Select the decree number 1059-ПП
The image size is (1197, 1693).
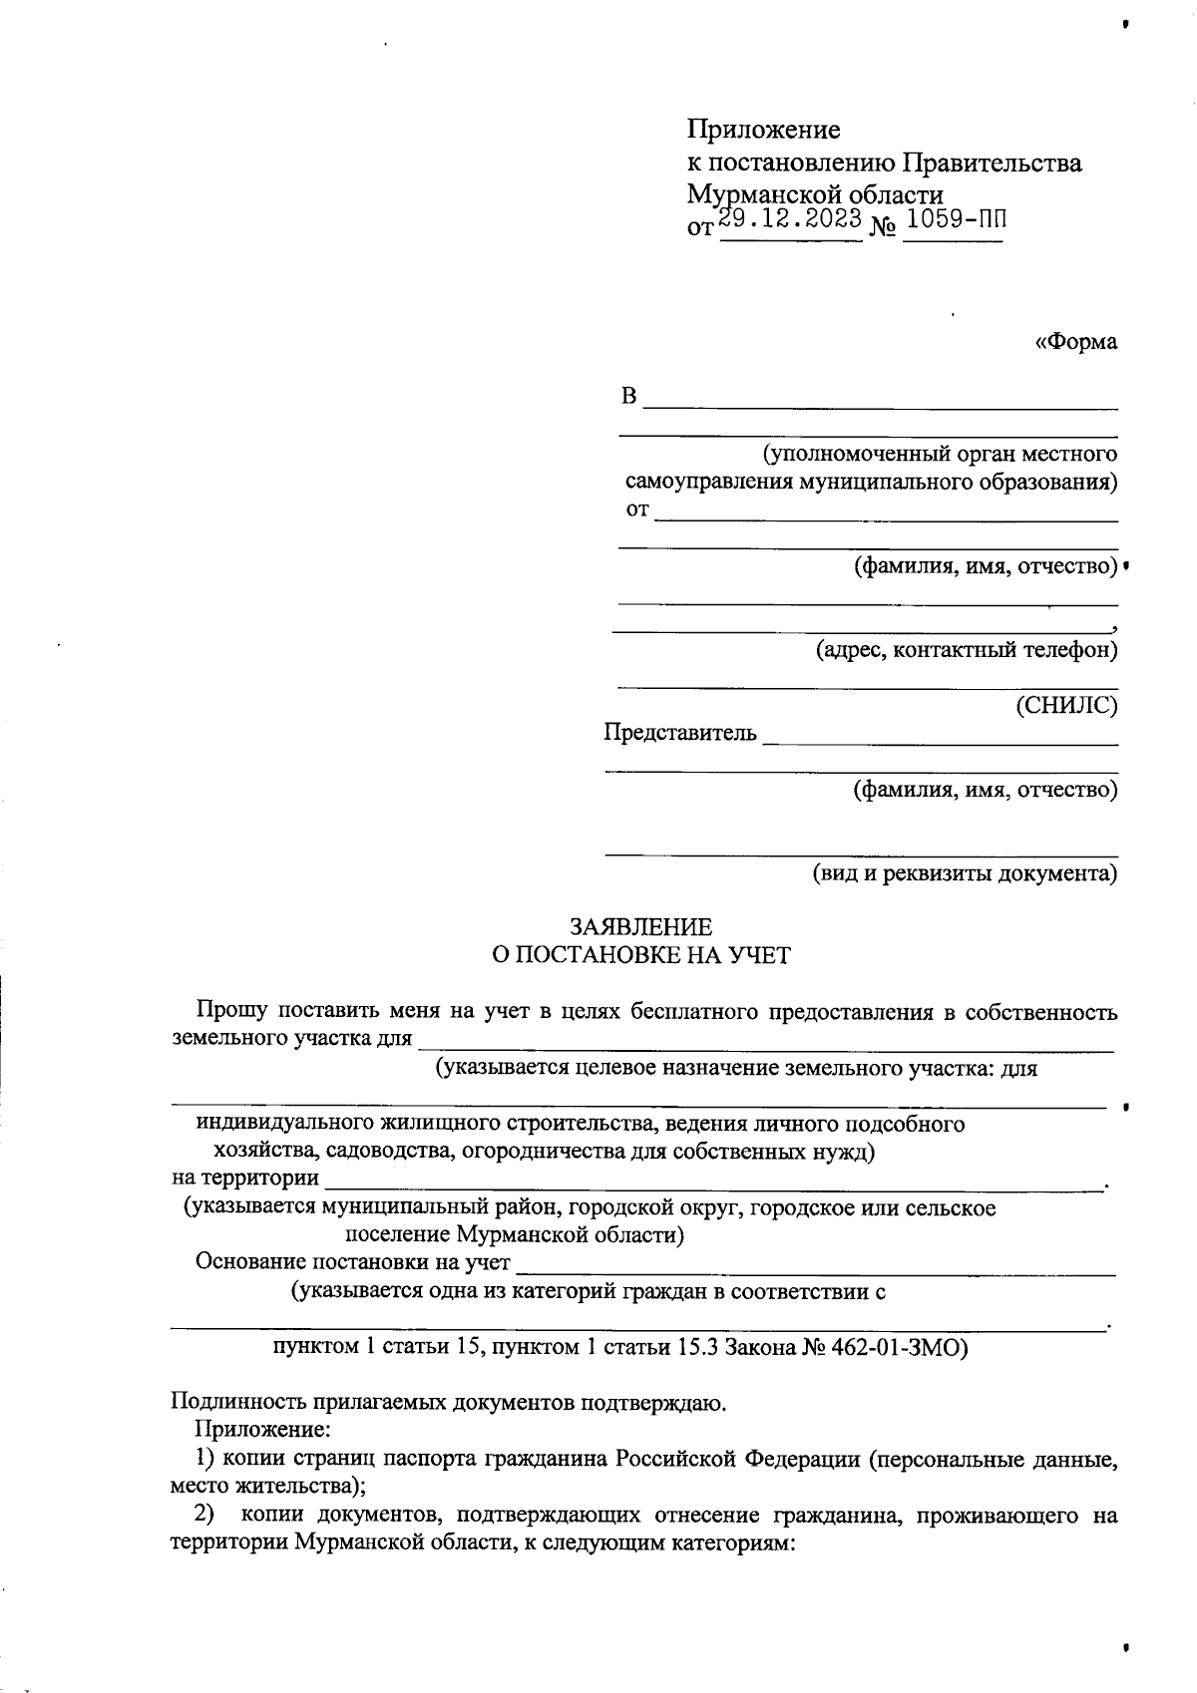(955, 219)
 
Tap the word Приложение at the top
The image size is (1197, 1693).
(764, 130)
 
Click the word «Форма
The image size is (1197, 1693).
(1076, 342)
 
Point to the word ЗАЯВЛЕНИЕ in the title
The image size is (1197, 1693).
(641, 926)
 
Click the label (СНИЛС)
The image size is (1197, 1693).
(1066, 706)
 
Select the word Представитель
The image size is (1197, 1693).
(680, 734)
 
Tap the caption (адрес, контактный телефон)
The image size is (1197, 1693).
(967, 651)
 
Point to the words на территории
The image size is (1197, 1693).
(245, 1179)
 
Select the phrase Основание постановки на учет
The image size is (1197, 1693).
(353, 1262)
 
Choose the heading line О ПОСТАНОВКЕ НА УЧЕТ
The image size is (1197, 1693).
(641, 955)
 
